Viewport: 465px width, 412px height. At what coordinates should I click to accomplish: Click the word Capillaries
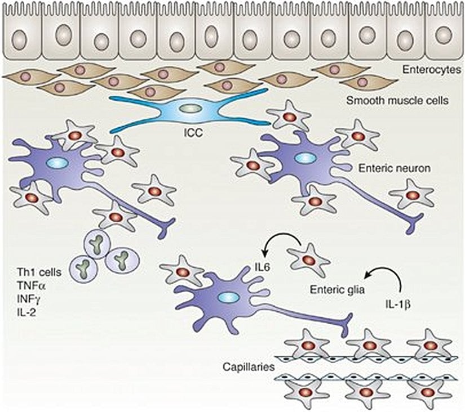(x=249, y=366)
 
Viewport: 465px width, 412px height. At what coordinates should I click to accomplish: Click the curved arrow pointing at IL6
(x=276, y=243)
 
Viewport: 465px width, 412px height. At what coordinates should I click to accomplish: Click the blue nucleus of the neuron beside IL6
(x=228, y=296)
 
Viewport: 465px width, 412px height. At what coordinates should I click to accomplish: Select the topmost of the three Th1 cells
(x=99, y=240)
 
